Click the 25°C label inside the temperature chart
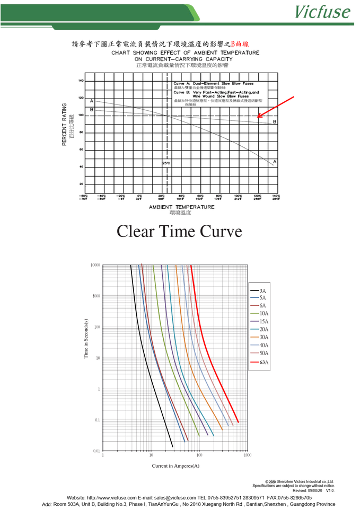click(166, 163)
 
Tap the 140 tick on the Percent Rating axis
click(81, 81)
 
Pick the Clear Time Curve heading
click(179, 231)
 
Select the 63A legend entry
click(264, 362)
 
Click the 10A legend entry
click(264, 313)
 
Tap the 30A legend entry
click(264, 337)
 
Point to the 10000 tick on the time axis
click(95, 265)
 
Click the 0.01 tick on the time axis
click(96, 451)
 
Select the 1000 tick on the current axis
click(247, 455)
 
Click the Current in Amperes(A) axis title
click(175, 466)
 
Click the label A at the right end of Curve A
click(275, 161)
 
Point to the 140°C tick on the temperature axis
click(276, 197)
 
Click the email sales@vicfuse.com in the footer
click(167, 498)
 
